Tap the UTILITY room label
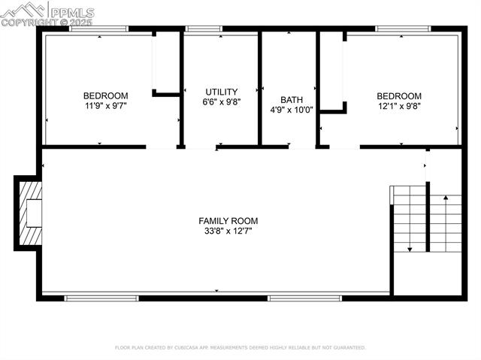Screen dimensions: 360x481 click(222, 92)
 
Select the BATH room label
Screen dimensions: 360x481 click(292, 99)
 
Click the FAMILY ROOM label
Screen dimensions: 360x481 click(228, 221)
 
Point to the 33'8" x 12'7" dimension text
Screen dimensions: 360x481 click(228, 231)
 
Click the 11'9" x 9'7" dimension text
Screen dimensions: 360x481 click(105, 106)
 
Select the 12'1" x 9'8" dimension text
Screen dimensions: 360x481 click(399, 106)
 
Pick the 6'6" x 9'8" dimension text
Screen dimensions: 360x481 click(222, 102)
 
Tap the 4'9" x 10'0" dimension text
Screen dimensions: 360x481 click(292, 110)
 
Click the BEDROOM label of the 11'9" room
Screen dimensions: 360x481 click(105, 95)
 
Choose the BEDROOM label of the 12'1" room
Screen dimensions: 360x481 click(399, 95)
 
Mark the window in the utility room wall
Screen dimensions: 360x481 click(204, 29)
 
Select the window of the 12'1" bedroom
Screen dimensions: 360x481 click(403, 29)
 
